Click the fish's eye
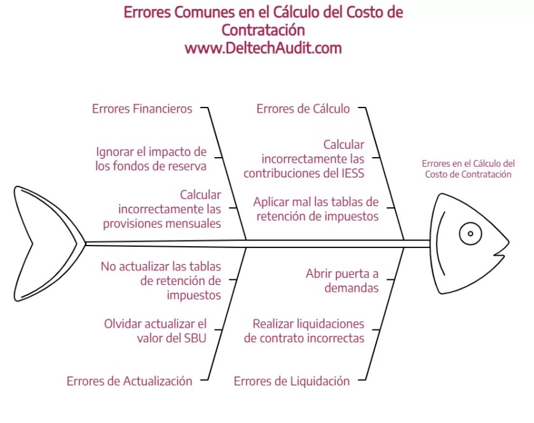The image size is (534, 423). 470,233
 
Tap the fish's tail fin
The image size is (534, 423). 48,242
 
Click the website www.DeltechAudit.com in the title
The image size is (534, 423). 263,48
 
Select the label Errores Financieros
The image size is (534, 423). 142,109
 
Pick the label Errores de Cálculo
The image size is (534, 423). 303,109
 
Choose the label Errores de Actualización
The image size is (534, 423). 129,381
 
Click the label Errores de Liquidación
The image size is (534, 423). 292,381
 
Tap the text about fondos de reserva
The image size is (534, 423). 151,159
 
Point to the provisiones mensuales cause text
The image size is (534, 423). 170,209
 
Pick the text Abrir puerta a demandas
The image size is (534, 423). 342,281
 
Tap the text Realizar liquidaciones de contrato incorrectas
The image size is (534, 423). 305,331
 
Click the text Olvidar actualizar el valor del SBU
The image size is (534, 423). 155,331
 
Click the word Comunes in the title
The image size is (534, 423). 201,12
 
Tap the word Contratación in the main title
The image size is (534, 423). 263,30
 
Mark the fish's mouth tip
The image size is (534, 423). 509,243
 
